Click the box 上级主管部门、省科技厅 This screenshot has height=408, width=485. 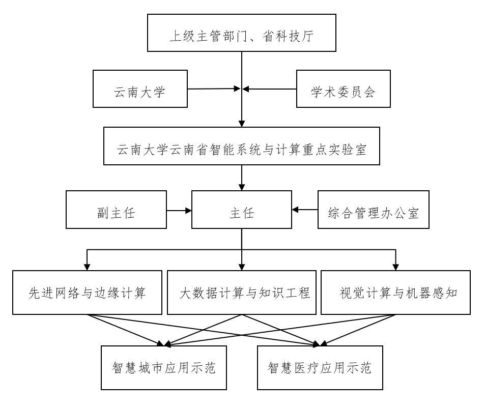pyautogui.click(x=242, y=33)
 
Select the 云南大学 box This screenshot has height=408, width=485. pyautogui.click(x=140, y=89)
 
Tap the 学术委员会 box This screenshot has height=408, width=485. pyautogui.click(x=343, y=89)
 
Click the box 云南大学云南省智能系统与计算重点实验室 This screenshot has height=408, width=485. pyautogui.click(x=242, y=147)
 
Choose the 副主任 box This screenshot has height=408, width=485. pyautogui.click(x=116, y=209)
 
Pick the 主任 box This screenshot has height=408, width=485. pyautogui.click(x=242, y=209)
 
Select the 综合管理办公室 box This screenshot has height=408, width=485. pyautogui.click(x=374, y=209)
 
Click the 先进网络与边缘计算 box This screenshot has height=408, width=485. pyautogui.click(x=88, y=293)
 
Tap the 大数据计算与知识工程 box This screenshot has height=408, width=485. pyautogui.click(x=242, y=293)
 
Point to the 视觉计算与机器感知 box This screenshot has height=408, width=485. pyautogui.click(x=396, y=293)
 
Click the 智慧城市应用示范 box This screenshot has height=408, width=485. pyautogui.click(x=164, y=368)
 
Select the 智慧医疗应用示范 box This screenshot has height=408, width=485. pyautogui.click(x=320, y=368)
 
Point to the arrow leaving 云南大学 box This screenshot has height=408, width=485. pyautogui.click(x=214, y=89)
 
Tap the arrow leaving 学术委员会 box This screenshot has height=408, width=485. pyautogui.click(x=270, y=89)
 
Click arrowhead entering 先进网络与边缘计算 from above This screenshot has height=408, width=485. pyautogui.click(x=88, y=267)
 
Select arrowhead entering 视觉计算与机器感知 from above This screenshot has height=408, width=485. pyautogui.click(x=396, y=267)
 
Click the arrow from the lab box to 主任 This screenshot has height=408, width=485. pyautogui.click(x=242, y=178)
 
